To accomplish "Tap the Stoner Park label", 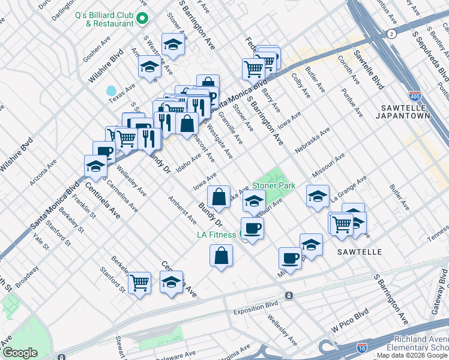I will [273, 186].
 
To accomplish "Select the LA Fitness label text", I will [217, 235].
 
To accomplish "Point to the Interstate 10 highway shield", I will [361, 347].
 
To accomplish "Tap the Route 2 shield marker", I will [391, 35].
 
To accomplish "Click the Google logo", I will [20, 352].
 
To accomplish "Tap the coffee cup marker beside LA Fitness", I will [252, 229].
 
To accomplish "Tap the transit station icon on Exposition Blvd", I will [289, 296].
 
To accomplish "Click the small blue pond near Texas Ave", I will [111, 91].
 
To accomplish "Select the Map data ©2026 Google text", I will [412, 355].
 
